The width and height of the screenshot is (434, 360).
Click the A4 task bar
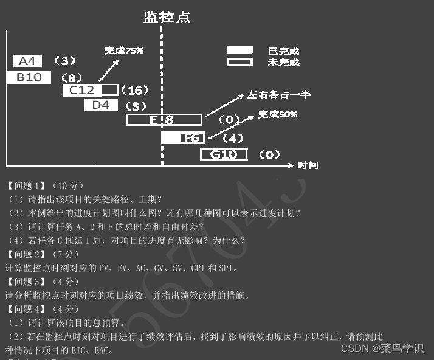[28, 61]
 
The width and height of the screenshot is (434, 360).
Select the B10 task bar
[29, 77]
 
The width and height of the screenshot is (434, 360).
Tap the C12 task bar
[91, 90]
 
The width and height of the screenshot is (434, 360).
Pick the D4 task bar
[101, 105]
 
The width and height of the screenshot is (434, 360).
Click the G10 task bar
[224, 154]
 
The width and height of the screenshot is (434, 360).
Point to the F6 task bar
[184, 138]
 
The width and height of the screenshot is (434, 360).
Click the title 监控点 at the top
[167, 17]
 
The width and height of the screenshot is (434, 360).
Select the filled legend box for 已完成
[239, 50]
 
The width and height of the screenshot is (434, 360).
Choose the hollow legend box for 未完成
[239, 61]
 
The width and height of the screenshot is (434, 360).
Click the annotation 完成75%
[123, 50]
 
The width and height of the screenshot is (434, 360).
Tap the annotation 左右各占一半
[279, 94]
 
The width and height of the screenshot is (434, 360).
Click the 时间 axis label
[308, 165]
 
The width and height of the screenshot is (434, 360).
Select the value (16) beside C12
[134, 91]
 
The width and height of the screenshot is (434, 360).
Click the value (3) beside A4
[64, 61]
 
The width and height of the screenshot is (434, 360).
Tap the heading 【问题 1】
[26, 185]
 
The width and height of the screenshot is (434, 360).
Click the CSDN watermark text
[382, 348]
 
